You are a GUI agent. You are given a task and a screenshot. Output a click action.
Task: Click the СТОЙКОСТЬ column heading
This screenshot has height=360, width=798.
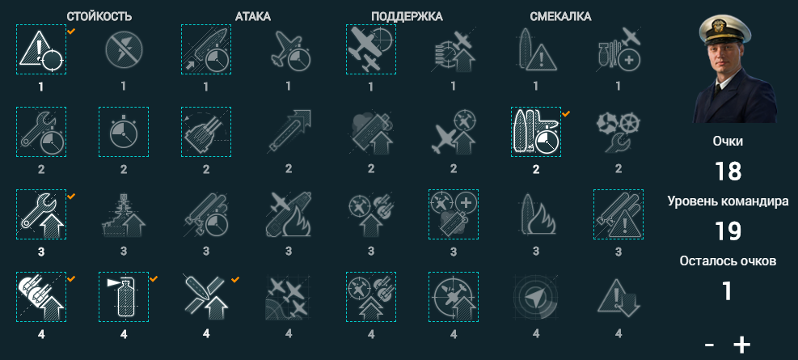pyautogui.click(x=99, y=17)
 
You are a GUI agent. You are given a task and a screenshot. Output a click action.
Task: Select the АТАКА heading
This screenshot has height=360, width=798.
pyautogui.click(x=253, y=17)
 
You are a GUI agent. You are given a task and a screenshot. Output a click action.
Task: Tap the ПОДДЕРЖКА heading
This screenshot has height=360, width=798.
pyautogui.click(x=407, y=17)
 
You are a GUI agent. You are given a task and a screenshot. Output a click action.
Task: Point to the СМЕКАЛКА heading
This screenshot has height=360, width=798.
pyautogui.click(x=560, y=17)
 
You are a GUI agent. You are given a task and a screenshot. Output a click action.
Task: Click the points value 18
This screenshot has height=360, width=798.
pyautogui.click(x=728, y=172)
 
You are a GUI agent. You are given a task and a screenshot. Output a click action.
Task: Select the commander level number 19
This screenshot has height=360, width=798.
pyautogui.click(x=728, y=231)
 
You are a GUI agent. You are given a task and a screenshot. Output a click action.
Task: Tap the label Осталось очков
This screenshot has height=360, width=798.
pyautogui.click(x=728, y=261)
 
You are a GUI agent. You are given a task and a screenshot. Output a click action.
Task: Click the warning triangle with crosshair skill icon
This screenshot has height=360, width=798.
pyautogui.click(x=41, y=49)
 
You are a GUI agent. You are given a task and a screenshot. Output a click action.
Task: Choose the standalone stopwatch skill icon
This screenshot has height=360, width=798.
pyautogui.click(x=124, y=132)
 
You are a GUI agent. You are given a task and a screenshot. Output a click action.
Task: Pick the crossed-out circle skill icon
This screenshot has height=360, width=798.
pyautogui.click(x=124, y=49)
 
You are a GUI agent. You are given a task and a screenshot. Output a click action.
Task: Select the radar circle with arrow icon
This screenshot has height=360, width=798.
pyautogui.click(x=535, y=297)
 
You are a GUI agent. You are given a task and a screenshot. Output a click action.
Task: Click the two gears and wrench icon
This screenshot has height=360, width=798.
pyautogui.click(x=619, y=132)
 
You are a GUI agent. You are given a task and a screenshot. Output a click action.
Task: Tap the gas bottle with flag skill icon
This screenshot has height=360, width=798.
pyautogui.click(x=124, y=297)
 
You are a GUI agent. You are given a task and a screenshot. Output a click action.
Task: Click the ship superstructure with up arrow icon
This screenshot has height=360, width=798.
pyautogui.click(x=124, y=214)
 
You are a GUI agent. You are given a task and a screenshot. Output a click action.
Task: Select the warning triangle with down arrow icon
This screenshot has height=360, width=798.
pyautogui.click(x=619, y=297)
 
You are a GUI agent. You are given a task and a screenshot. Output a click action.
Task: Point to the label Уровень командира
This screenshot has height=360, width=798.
pyautogui.click(x=728, y=201)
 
